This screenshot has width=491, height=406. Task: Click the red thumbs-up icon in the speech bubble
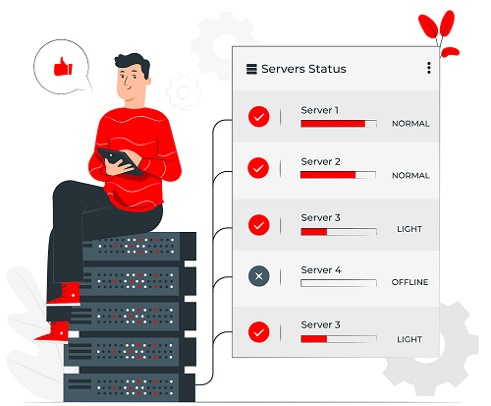63,67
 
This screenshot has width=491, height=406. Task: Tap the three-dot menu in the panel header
429,68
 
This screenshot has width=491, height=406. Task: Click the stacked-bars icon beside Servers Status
251,69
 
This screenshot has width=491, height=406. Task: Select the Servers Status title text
303,69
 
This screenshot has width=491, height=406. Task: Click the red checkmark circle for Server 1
259,117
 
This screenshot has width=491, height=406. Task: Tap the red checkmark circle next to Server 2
258,168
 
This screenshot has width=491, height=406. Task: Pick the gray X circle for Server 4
258,276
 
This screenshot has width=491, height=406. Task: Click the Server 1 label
320,110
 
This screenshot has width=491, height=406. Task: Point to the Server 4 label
321,270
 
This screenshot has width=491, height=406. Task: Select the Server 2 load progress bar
338,175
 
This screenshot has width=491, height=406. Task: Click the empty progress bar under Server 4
339,283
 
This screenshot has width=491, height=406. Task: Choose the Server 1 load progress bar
339,124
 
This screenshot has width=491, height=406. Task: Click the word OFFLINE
409,282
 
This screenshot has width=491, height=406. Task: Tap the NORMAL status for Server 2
410,176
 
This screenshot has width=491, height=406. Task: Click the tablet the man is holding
120,162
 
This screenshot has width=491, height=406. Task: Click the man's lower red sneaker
52,331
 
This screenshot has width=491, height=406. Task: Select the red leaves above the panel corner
439,32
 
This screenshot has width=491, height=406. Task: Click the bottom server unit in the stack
130,387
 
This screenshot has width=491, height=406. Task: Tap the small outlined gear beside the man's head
184,92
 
